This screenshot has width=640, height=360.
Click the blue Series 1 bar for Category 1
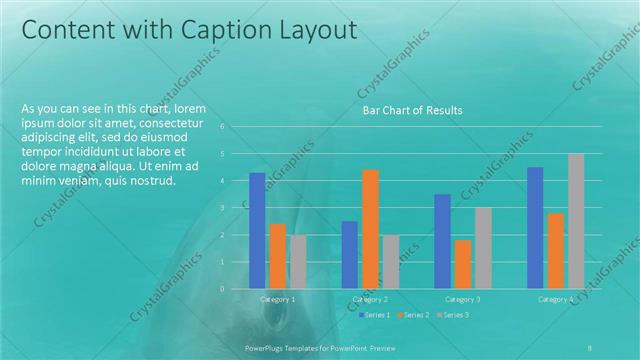tap(258, 230)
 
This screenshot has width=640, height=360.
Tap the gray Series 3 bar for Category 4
tap(575, 220)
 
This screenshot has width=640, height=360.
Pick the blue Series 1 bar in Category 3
tap(442, 240)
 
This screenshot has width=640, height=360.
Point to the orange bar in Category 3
tap(462, 264)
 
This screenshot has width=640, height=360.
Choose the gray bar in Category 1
tap(298, 261)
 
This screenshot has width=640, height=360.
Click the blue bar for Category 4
tap(535, 227)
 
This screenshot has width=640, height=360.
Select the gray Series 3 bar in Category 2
tap(390, 261)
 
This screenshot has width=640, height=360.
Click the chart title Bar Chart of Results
tap(412, 110)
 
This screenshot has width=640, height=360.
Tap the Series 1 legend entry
tap(375, 315)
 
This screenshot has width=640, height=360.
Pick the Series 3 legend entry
tap(454, 315)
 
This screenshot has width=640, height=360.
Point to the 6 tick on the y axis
tap(236, 127)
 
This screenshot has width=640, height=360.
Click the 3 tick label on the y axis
tap(236, 208)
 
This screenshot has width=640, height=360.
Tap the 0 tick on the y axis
tap(236, 289)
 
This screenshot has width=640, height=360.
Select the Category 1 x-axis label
tap(277, 300)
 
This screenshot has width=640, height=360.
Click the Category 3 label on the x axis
tap(462, 300)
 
